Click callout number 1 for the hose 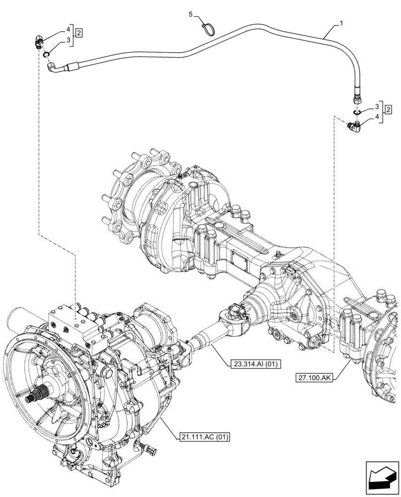341,23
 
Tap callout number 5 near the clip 191,16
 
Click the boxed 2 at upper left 79,33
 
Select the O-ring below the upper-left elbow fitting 46,54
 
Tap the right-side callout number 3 377,106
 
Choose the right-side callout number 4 377,117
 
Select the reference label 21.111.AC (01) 204,437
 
